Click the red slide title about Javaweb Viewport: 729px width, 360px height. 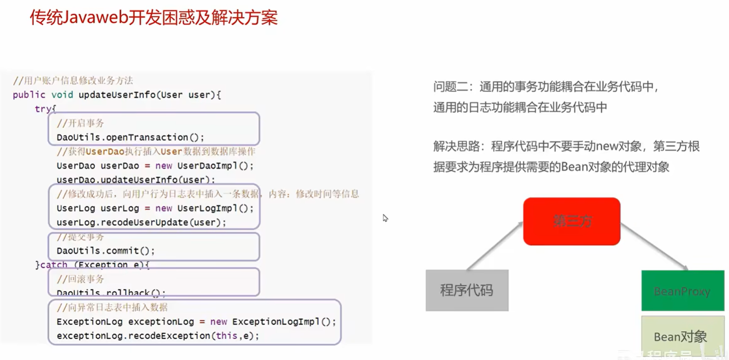pyautogui.click(x=154, y=18)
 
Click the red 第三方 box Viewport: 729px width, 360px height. pyautogui.click(x=571, y=221)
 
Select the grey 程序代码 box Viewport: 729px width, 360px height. pyautogui.click(x=467, y=290)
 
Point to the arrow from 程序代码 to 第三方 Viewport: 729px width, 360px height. pyautogui.click(x=495, y=247)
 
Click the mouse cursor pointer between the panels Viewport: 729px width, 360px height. pyautogui.click(x=385, y=218)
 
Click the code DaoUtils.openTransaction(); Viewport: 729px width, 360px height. pyautogui.click(x=131, y=137)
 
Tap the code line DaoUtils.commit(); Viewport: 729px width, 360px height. pyautogui.click(x=106, y=250)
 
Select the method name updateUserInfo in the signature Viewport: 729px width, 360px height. pyautogui.click(x=117, y=95)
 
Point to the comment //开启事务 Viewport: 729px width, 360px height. pyautogui.click(x=80, y=123)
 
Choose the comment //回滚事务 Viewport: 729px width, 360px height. pyautogui.click(x=80, y=279)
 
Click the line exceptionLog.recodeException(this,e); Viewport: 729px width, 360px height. pyautogui.click(x=158, y=336)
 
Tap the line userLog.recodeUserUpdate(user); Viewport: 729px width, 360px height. pyautogui.click(x=141, y=222)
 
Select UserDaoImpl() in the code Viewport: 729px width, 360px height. pyautogui.click(x=215, y=166)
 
